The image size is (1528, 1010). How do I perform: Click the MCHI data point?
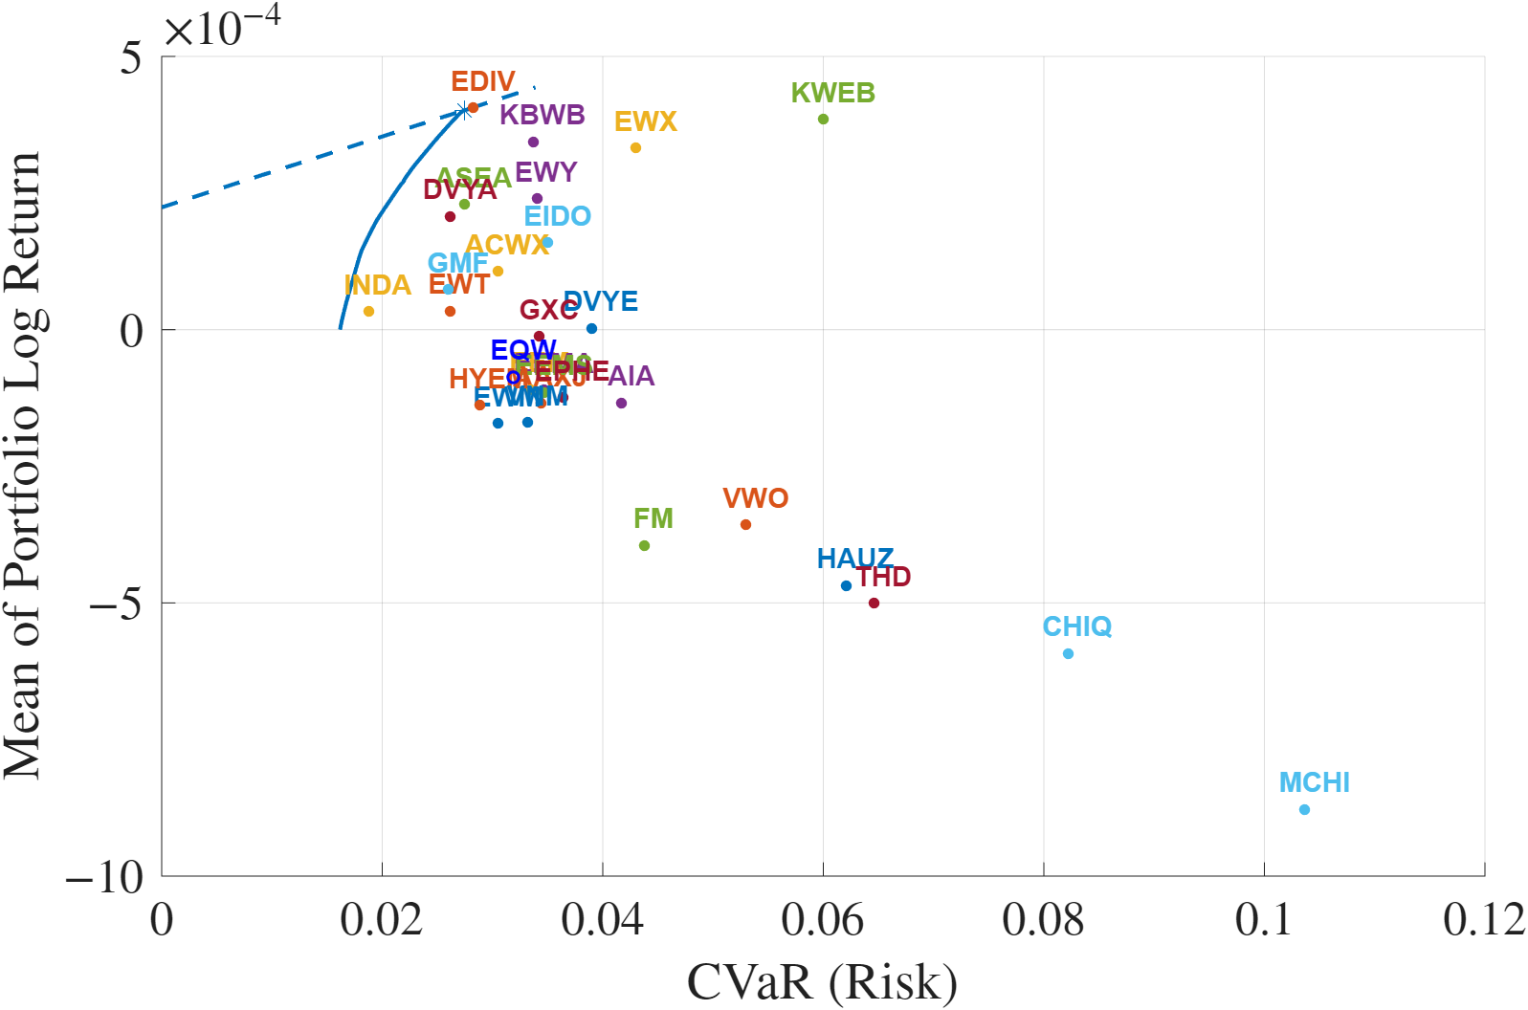click(x=1304, y=809)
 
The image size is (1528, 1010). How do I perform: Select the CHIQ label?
click(x=1076, y=626)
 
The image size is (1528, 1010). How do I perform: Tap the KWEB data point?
click(x=823, y=119)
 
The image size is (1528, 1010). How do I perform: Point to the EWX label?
click(x=646, y=121)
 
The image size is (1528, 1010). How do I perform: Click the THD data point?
click(x=874, y=603)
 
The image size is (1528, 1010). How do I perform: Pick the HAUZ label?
click(x=854, y=558)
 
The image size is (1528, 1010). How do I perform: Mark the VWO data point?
click(x=745, y=524)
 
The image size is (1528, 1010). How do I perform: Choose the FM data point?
click(x=644, y=545)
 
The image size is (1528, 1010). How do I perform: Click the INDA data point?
click(x=368, y=311)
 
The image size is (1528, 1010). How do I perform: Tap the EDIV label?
click(x=483, y=81)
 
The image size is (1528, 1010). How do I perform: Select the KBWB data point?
click(x=533, y=142)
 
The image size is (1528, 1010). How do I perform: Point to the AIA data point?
click(x=621, y=403)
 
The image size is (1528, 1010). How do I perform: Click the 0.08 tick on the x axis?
click(x=1043, y=920)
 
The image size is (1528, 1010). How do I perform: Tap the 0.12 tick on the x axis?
click(x=1483, y=920)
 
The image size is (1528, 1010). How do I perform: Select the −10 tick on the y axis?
click(x=104, y=876)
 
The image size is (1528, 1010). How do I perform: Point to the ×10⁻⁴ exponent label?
click(x=222, y=27)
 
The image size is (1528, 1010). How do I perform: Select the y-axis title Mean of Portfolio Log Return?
click(x=23, y=465)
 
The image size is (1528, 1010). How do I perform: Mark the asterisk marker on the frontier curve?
click(x=464, y=111)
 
